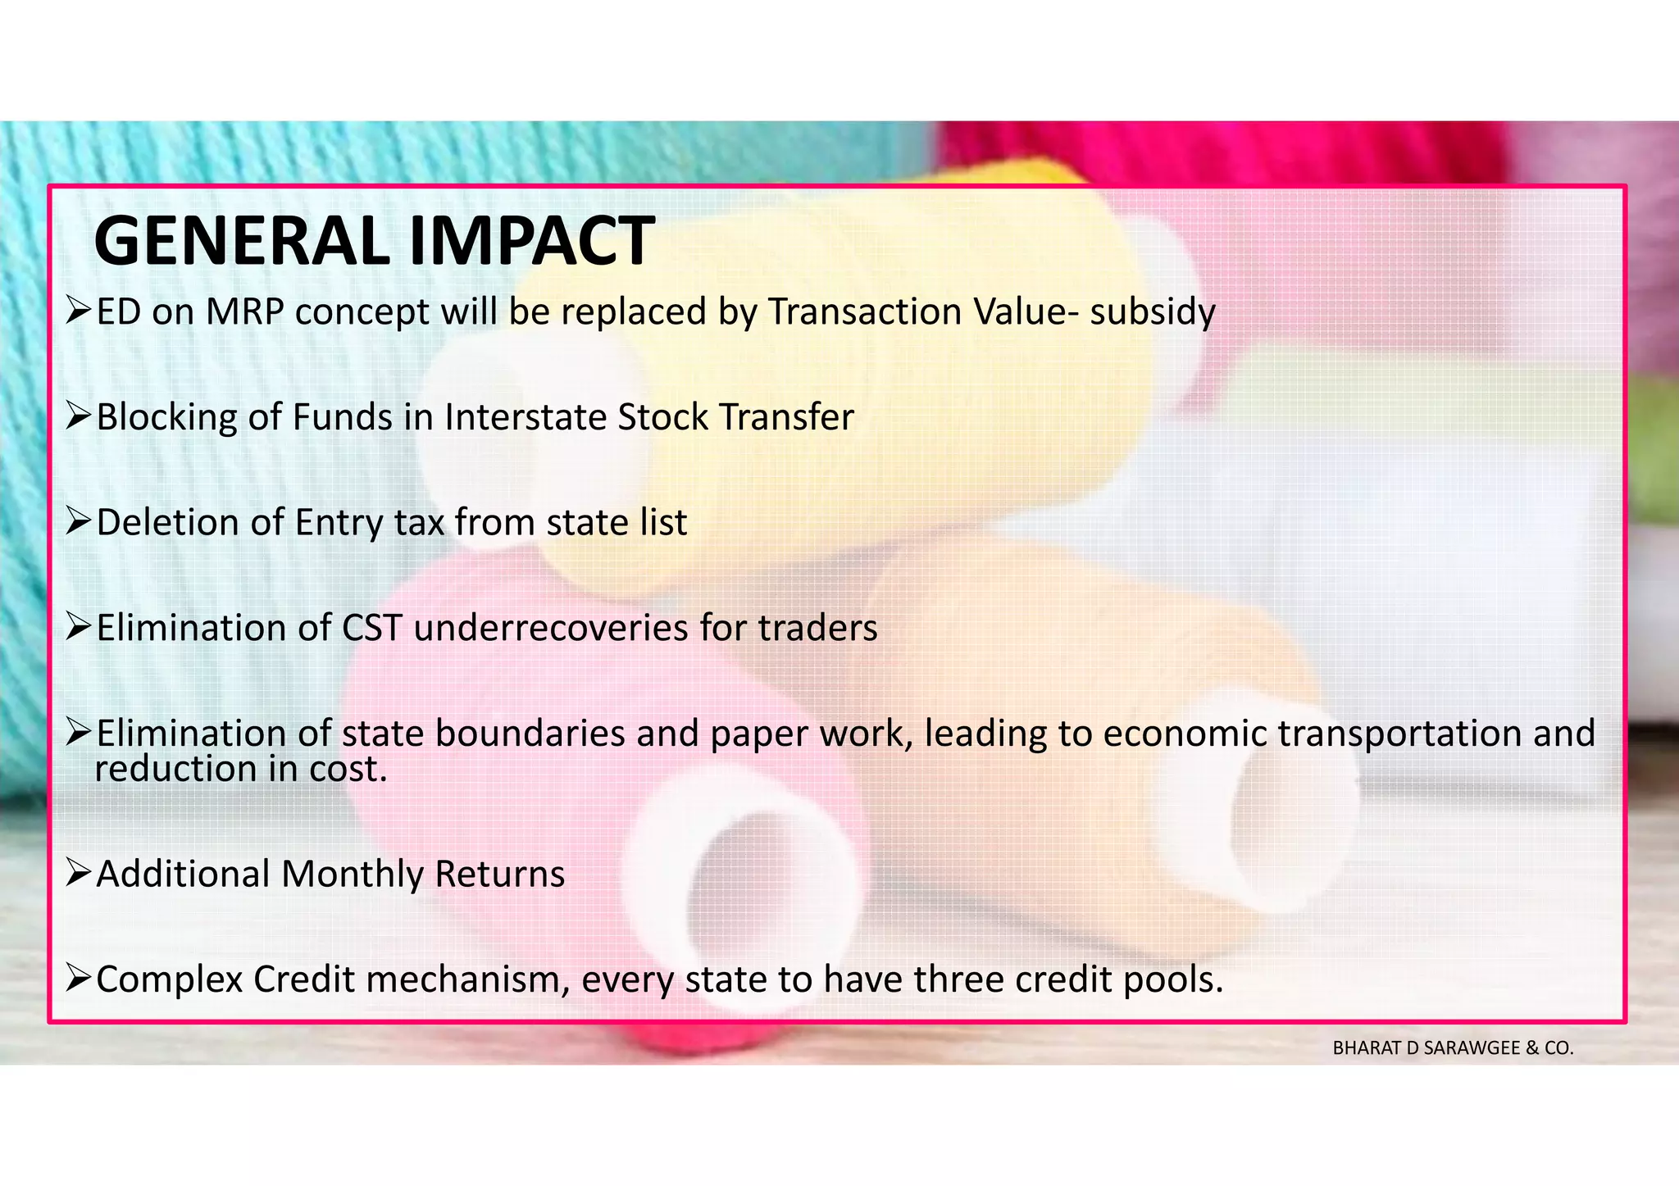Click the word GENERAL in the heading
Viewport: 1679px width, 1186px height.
coord(242,242)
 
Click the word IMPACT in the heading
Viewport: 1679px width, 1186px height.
coord(530,242)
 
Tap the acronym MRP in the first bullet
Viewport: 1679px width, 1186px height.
coord(243,312)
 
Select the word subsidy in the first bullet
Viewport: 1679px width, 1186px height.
coord(1152,312)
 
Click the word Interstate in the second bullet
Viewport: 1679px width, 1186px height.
coord(526,417)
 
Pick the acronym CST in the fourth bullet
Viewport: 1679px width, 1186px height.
coord(371,629)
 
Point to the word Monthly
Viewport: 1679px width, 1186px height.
coord(353,875)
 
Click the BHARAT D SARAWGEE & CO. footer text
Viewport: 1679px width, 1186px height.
coord(1453,1048)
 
